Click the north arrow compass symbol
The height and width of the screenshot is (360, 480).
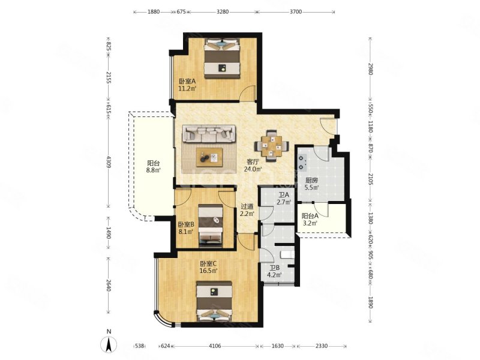[109, 344]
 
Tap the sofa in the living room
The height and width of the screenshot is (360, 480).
[209, 133]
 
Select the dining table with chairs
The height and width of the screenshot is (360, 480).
[272, 146]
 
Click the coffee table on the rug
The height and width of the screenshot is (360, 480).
[209, 157]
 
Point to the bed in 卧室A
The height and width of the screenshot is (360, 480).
[222, 58]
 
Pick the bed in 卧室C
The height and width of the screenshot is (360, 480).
[214, 302]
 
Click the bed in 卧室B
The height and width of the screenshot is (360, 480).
[211, 226]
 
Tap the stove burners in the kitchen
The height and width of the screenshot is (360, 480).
[302, 163]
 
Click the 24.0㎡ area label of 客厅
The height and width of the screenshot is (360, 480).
[253, 169]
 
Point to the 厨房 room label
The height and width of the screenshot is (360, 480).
[311, 181]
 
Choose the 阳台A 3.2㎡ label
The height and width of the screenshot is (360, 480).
[310, 219]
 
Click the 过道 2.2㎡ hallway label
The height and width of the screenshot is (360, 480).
[247, 211]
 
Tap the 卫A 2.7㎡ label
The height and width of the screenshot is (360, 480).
[284, 199]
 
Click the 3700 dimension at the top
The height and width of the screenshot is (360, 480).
[296, 12]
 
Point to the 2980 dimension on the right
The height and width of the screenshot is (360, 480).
[370, 69]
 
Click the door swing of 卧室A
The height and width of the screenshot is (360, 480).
[248, 93]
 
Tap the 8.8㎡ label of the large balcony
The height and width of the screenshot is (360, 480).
[153, 170]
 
